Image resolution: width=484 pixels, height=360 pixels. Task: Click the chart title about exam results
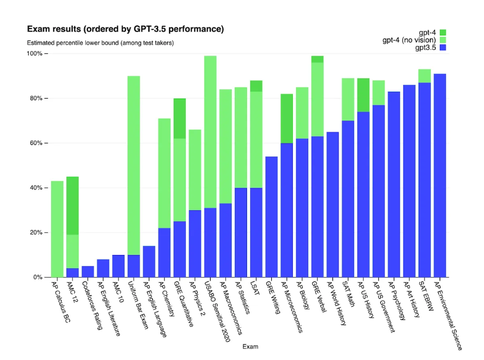(x=125, y=29)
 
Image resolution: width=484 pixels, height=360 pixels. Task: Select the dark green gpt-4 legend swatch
(x=442, y=32)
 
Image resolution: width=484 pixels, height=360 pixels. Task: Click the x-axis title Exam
(x=251, y=347)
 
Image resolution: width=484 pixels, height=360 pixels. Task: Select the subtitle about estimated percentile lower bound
(x=100, y=43)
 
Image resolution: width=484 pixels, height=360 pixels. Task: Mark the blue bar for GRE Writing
(x=271, y=217)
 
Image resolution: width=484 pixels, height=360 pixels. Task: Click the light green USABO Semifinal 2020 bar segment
(x=210, y=132)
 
